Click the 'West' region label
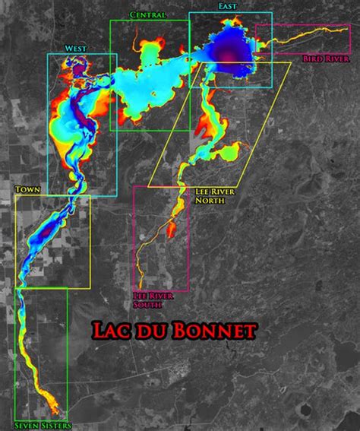pos(74,49)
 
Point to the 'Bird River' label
pos(326,59)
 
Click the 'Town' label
pos(27,189)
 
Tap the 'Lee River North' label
pos(215,196)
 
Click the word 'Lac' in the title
pos(110,331)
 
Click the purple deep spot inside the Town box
pos(49,227)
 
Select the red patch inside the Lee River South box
pos(170,228)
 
